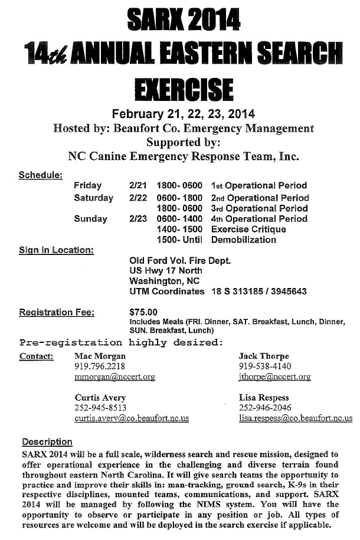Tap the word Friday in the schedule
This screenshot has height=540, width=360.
click(88, 186)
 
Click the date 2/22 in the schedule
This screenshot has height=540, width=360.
click(138, 198)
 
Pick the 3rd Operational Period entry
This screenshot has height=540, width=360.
click(259, 208)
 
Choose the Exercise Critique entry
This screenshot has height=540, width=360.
click(243, 229)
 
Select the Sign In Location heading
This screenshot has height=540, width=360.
click(56, 250)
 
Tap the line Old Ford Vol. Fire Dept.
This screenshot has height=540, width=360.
click(180, 260)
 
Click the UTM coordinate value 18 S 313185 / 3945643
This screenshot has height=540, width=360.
click(259, 292)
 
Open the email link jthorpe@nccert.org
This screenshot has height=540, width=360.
click(274, 377)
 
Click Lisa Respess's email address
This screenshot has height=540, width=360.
click(296, 418)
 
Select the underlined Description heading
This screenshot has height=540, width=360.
click(47, 441)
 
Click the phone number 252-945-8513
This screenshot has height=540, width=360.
click(100, 408)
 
